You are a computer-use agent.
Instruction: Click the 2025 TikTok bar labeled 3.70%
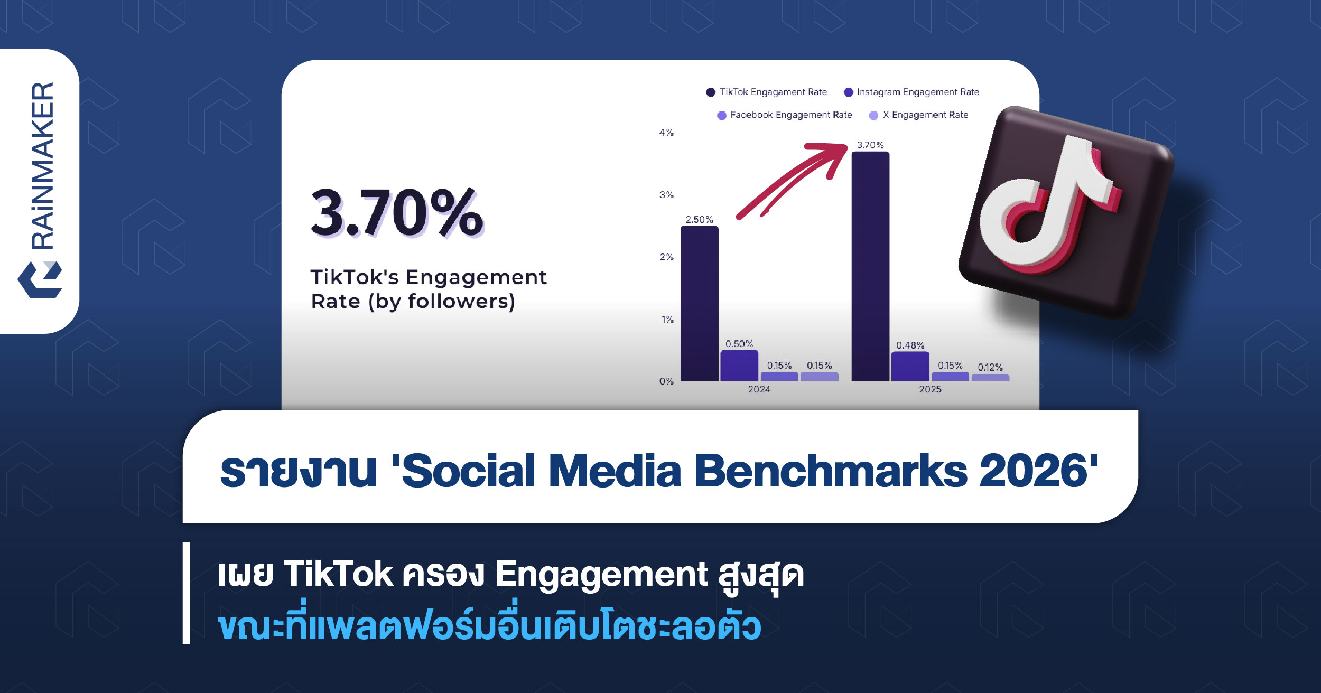coord(870,266)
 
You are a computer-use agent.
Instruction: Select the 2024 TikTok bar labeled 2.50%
coord(699,304)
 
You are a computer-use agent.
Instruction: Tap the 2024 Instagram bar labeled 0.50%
coord(739,366)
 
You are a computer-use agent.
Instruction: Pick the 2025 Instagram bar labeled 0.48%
coord(910,367)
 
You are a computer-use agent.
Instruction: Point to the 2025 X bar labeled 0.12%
coord(990,378)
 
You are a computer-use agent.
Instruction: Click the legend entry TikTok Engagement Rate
coord(767,92)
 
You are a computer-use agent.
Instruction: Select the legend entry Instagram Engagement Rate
coord(911,92)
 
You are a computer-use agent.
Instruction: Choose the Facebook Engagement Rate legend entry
coord(785,115)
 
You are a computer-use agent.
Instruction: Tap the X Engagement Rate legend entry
coord(919,115)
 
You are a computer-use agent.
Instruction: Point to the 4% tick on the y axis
coord(666,133)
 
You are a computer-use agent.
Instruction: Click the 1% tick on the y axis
coord(667,320)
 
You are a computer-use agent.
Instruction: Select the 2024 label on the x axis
coord(759,389)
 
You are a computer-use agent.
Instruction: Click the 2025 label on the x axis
coord(930,389)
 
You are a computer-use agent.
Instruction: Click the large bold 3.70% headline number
coord(397,213)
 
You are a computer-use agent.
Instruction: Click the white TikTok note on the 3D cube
coord(1052,203)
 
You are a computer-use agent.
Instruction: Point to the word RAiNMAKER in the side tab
coord(43,165)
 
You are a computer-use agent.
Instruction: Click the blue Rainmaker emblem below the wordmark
coord(40,279)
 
